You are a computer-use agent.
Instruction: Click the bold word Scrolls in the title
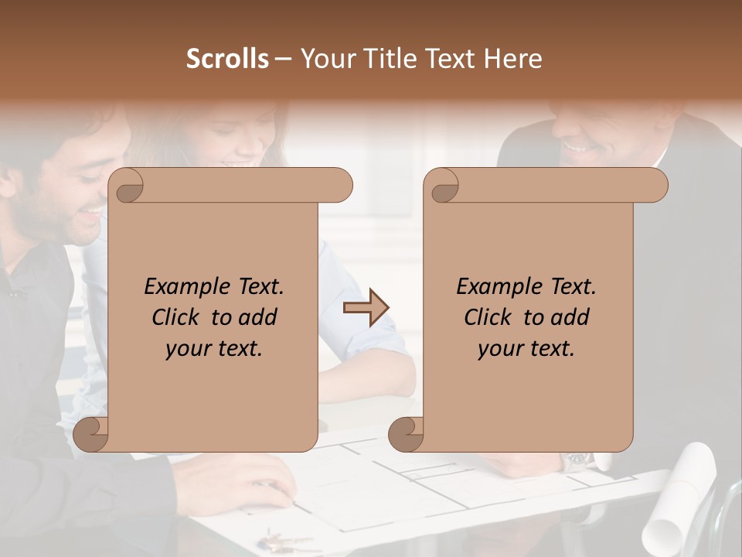(x=227, y=59)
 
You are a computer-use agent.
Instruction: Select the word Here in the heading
(x=512, y=59)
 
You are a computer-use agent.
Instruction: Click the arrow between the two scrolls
(x=366, y=308)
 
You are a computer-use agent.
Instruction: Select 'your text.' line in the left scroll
(x=214, y=349)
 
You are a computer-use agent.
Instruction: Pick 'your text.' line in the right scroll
(x=526, y=349)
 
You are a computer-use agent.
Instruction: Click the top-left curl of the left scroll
(x=127, y=186)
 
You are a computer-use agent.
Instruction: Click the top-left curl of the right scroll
(x=442, y=186)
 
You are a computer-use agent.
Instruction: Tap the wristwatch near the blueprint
(x=576, y=462)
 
